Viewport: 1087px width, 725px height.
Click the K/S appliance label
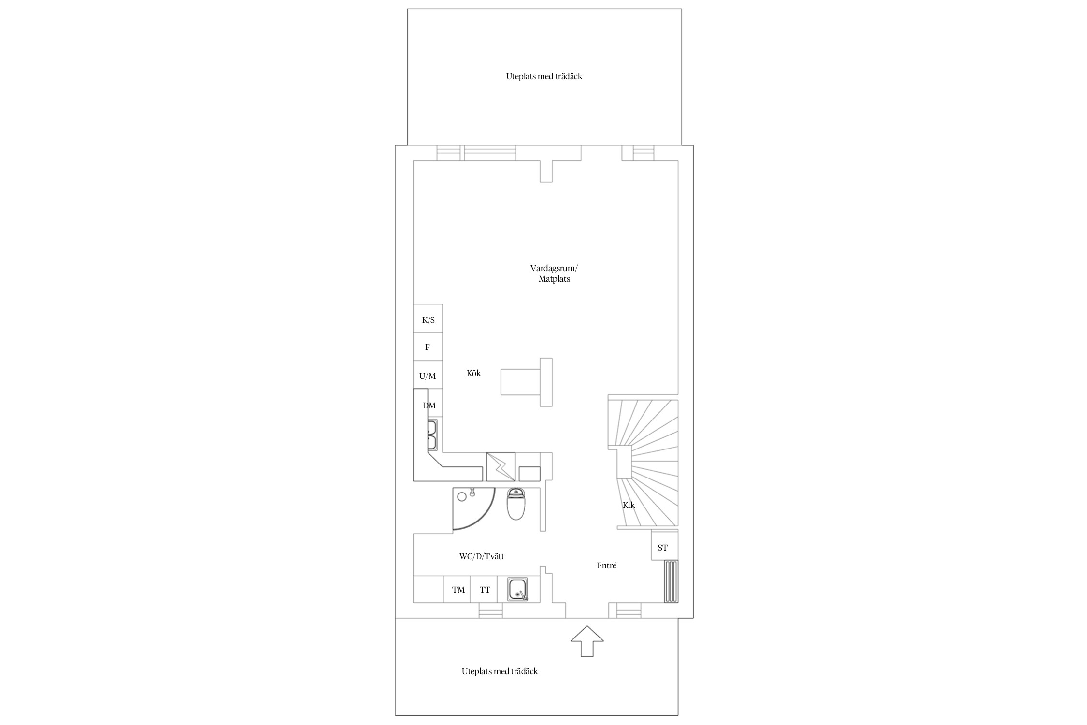[429, 320]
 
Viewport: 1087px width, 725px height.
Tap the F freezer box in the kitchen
[428, 347]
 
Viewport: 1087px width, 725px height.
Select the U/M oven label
[428, 376]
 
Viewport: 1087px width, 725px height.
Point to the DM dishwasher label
[429, 406]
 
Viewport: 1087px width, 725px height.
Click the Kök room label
[473, 373]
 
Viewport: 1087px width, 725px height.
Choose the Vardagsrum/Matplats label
[554, 274]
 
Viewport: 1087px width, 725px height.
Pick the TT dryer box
[484, 589]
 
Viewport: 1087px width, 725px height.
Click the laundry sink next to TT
[517, 589]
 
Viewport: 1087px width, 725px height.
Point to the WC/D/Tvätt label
[482, 556]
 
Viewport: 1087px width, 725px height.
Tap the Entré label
[606, 565]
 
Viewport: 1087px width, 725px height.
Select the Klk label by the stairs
[629, 505]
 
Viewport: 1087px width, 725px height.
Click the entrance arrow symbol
[587, 641]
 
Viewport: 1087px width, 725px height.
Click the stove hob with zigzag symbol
[501, 466]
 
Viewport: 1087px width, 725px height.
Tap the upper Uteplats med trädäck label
[544, 76]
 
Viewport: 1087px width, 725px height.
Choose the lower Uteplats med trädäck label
[500, 671]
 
